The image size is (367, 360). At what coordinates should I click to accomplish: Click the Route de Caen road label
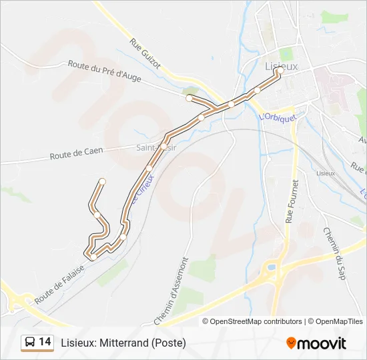pyautogui.click(x=76, y=152)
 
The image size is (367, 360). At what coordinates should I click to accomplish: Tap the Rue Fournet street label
pyautogui.click(x=292, y=201)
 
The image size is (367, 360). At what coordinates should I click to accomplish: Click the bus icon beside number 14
pyautogui.click(x=30, y=343)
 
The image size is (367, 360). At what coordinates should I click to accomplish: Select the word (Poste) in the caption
pyautogui.click(x=168, y=343)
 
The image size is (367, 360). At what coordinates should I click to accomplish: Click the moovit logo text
pyautogui.click(x=322, y=343)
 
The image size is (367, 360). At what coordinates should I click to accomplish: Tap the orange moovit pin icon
pyautogui.click(x=291, y=343)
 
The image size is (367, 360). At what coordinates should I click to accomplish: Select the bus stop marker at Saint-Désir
pyautogui.click(x=163, y=146)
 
